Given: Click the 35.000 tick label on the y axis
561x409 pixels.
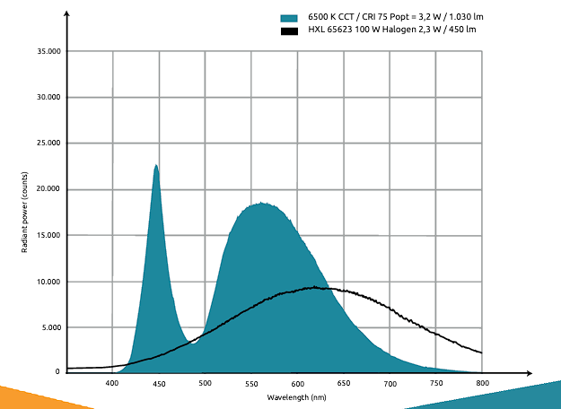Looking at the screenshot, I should coord(47,52).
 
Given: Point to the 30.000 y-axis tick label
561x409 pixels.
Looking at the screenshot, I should coord(47,98).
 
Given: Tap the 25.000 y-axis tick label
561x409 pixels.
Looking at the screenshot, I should coord(47,144).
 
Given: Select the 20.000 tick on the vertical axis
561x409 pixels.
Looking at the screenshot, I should coord(47,189).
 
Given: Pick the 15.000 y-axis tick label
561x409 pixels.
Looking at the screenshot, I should coord(47,236).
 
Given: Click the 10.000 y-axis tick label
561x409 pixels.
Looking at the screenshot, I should coord(47,282).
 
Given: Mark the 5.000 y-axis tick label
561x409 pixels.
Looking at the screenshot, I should coord(49,327).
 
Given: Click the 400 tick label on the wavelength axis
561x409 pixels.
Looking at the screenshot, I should coord(112,384).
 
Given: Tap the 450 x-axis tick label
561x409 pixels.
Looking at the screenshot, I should coord(159,384).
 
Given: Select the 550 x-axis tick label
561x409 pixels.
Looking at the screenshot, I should coord(251,384).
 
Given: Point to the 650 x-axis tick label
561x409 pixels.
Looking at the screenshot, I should coord(344,384).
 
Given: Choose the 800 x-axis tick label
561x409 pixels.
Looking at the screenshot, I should coord(482,384).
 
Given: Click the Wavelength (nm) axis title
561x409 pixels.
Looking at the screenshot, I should coord(297,396).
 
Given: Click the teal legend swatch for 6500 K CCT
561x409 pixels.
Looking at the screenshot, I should coord(289,18).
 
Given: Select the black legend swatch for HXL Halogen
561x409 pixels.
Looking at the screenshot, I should coord(289,30).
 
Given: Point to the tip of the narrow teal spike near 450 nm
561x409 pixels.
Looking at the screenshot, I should coord(156,165).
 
